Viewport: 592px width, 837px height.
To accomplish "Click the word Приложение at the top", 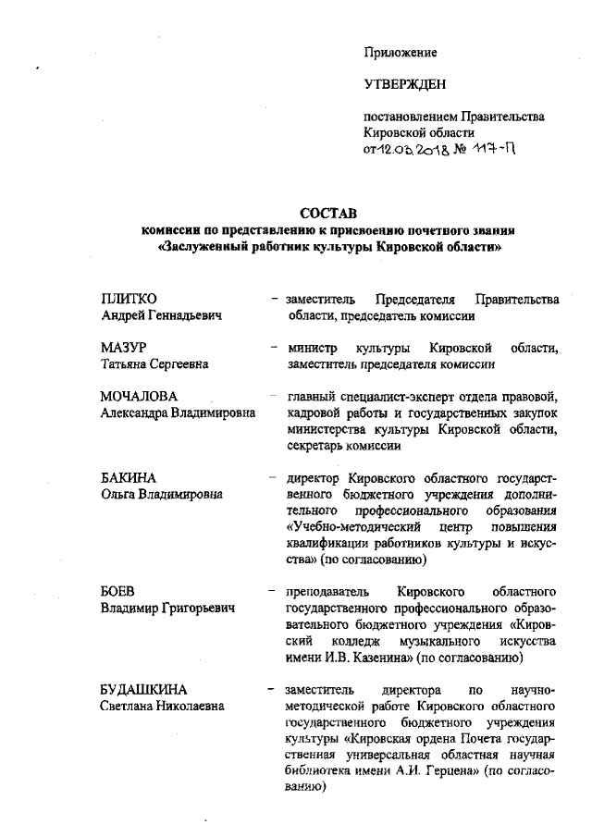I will [401, 53].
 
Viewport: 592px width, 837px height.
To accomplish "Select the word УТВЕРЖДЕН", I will [405, 85].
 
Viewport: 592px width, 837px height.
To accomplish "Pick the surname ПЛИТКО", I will [129, 299].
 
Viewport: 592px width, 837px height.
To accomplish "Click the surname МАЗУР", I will [124, 348].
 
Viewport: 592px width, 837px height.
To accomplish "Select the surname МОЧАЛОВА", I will [139, 397].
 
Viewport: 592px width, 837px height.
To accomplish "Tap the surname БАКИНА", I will [128, 478].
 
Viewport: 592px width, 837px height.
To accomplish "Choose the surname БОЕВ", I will [117, 592].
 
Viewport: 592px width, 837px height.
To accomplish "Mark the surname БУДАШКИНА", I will [143, 690].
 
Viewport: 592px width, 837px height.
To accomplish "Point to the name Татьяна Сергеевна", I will [154, 364].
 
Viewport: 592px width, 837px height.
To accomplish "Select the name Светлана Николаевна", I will [162, 707].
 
